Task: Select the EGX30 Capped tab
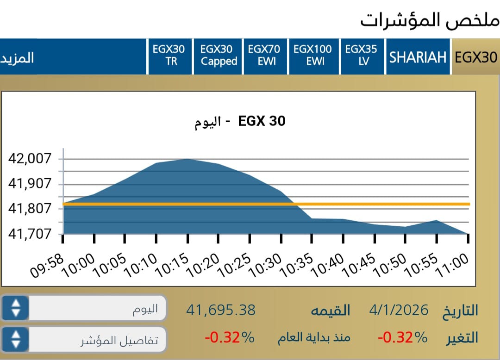click(219, 56)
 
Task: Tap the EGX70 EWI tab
click(264, 56)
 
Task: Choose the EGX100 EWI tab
click(312, 56)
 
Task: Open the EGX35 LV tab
click(362, 56)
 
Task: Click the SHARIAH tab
click(418, 57)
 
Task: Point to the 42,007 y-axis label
click(28, 159)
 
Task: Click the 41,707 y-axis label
click(28, 234)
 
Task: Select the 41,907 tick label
click(28, 184)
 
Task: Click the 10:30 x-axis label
click(265, 267)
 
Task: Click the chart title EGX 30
click(262, 121)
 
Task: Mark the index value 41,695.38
click(221, 310)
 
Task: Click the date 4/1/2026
click(400, 310)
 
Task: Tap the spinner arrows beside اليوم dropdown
click(16, 308)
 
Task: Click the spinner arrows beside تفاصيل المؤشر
click(16, 339)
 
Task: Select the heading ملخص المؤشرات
click(429, 19)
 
